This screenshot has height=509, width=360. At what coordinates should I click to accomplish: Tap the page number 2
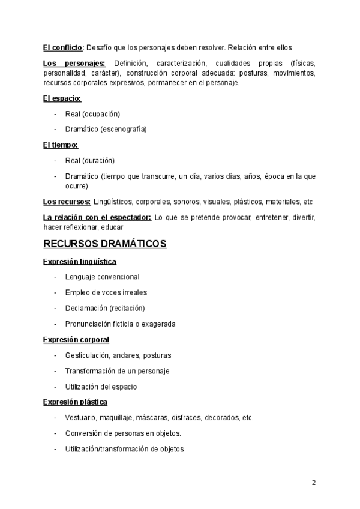[x=313, y=483]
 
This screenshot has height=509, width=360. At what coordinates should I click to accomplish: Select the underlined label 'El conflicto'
[x=62, y=47]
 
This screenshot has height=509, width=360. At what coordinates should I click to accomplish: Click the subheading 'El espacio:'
[x=62, y=98]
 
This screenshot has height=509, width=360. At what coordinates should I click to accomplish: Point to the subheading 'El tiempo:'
[x=61, y=145]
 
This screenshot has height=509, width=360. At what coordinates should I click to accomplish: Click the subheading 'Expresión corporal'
[x=76, y=340]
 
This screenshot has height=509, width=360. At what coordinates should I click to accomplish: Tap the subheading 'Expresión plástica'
[x=75, y=402]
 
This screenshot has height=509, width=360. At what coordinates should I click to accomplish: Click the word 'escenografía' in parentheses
[x=124, y=129]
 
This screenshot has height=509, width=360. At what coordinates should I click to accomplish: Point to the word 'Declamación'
[x=86, y=308]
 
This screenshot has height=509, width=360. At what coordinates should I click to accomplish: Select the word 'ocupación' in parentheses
[x=101, y=113]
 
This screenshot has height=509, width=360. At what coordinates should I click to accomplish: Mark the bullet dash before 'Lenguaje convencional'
[x=55, y=277]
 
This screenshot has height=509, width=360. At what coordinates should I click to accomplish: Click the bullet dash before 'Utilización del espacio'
[x=55, y=387]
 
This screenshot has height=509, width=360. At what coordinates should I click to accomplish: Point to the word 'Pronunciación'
[x=89, y=324]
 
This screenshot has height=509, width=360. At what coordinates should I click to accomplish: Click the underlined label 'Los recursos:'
[x=67, y=202]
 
